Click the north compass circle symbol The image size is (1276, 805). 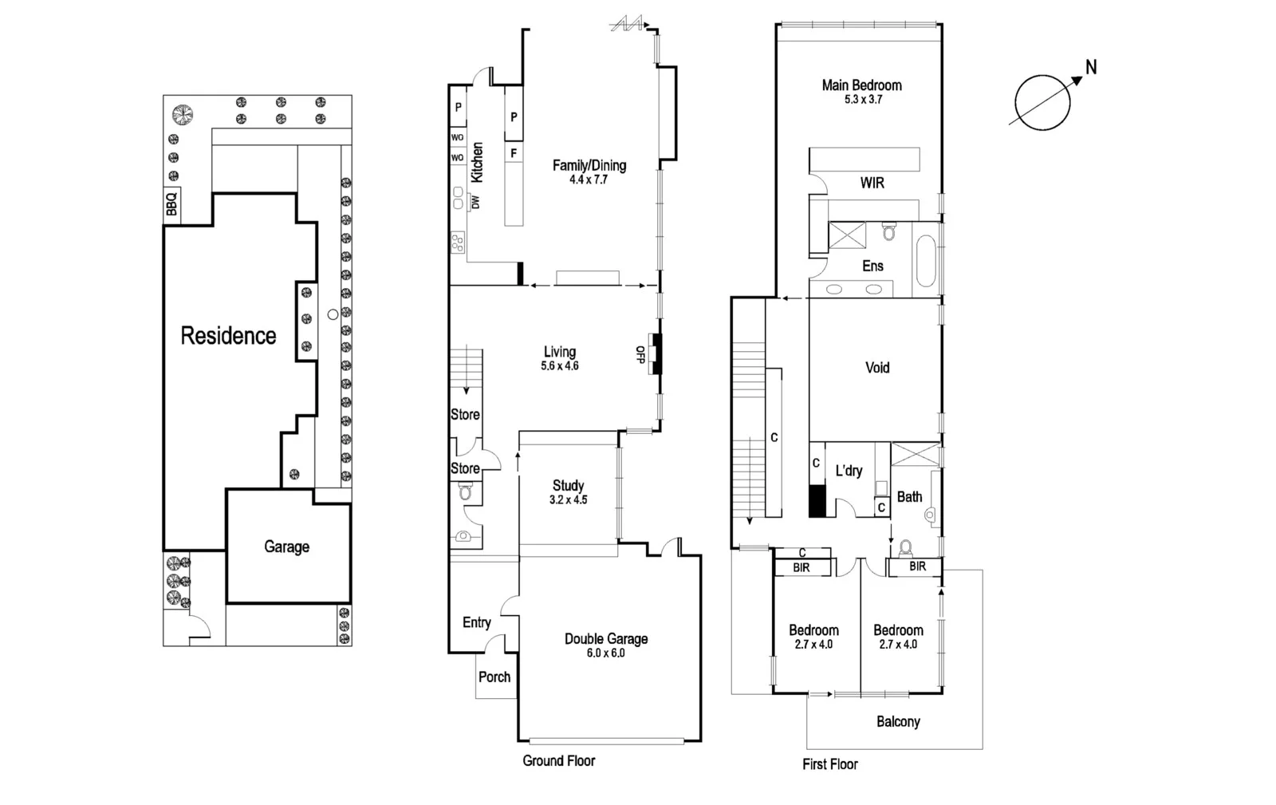[x=1042, y=103]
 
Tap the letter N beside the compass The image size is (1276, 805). [x=1091, y=68]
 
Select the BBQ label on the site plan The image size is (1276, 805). [x=171, y=203]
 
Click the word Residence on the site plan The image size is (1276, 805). [x=228, y=335]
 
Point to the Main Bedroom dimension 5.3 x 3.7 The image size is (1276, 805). [x=863, y=100]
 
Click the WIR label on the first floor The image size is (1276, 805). [x=872, y=183]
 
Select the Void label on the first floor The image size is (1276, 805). [x=877, y=368]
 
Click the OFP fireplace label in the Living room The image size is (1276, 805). [x=640, y=354]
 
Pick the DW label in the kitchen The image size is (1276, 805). [x=476, y=203]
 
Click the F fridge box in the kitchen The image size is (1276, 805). [x=514, y=152]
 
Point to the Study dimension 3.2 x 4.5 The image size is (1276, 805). [x=568, y=500]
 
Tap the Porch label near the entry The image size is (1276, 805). [x=494, y=677]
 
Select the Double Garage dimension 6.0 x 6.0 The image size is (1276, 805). [x=606, y=653]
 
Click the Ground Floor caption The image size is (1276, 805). [x=558, y=760]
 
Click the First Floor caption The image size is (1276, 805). [x=829, y=764]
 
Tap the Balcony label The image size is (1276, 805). [x=898, y=721]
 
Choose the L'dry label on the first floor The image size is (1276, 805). [x=849, y=471]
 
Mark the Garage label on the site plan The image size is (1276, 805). [x=286, y=547]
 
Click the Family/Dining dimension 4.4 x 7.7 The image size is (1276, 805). [x=589, y=180]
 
